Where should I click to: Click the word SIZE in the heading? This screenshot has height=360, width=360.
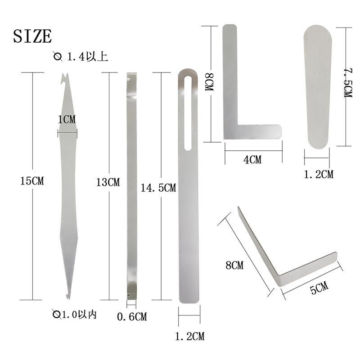pos(32,36)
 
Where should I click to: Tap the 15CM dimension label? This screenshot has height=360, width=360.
pos(32,181)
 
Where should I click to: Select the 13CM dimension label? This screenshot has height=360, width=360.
pos(108,182)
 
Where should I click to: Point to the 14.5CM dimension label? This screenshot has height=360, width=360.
pos(158,188)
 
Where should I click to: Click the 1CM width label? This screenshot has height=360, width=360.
pos(67,119)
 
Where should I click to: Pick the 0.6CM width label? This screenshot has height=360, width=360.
pos(132,317)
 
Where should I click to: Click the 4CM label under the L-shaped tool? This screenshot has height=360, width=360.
pos(252,159)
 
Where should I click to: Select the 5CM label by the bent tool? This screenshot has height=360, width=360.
pos(319,288)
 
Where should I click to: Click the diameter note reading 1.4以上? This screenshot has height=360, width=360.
pos(81,57)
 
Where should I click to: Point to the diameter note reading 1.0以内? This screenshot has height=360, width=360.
pos(75,314)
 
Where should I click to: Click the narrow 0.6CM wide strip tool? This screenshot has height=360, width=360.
pos(131,184)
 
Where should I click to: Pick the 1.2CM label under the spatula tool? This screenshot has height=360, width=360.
pos(319,174)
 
